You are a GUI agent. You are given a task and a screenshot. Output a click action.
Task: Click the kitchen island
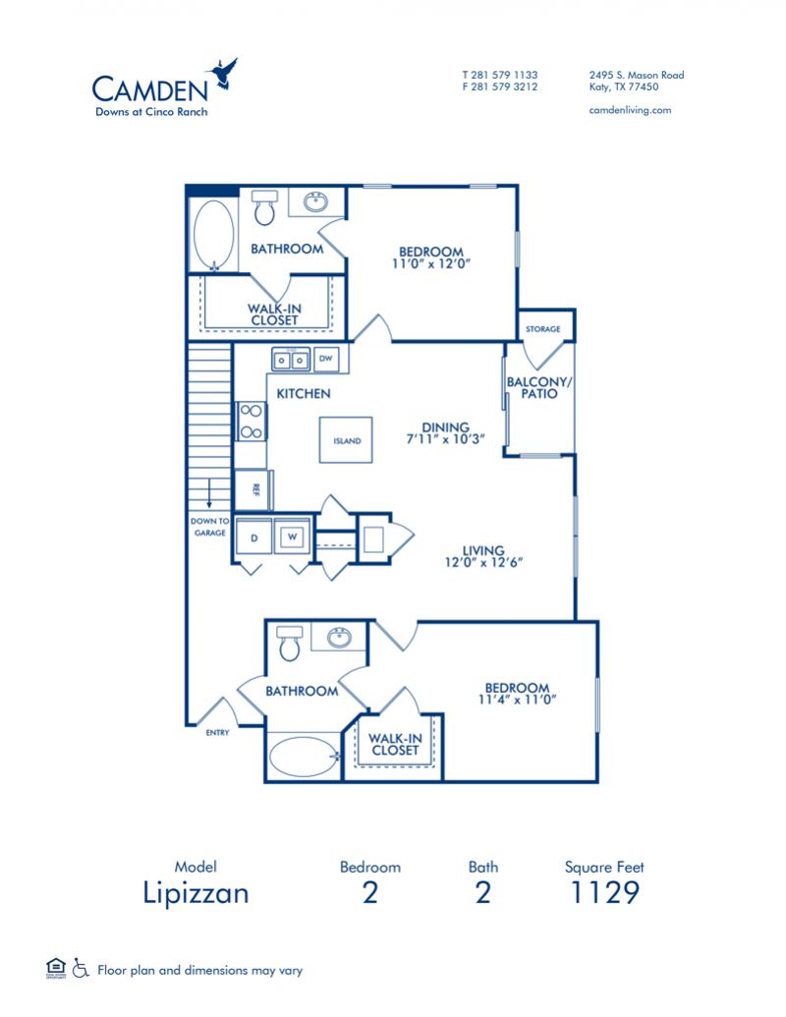[345, 440]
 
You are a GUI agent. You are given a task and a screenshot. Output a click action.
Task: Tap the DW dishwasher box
[328, 360]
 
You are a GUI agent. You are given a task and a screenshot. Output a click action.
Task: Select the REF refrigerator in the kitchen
[253, 489]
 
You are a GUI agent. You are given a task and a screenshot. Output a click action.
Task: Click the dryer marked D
[253, 537]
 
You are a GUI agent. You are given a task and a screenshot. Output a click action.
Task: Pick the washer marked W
[291, 537]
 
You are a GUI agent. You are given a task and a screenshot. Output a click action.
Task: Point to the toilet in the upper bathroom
[264, 207]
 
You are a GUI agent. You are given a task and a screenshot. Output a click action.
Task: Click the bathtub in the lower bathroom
[303, 758]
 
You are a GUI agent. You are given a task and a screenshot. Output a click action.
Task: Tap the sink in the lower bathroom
[340, 638]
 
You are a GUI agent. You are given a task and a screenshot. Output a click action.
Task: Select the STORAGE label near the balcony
[543, 329]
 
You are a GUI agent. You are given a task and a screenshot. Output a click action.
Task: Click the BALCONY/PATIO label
[533, 387]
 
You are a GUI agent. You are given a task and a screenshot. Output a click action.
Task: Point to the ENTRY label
[217, 733]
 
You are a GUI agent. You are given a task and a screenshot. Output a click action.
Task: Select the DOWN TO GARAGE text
[209, 527]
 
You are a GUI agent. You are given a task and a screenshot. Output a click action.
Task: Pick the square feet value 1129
[604, 893]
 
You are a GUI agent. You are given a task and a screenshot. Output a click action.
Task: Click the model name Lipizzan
[196, 893]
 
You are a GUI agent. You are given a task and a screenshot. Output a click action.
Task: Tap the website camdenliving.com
[630, 110]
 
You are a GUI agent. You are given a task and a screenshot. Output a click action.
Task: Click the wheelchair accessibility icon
[82, 970]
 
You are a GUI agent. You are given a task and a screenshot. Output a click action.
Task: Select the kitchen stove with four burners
[249, 421]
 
